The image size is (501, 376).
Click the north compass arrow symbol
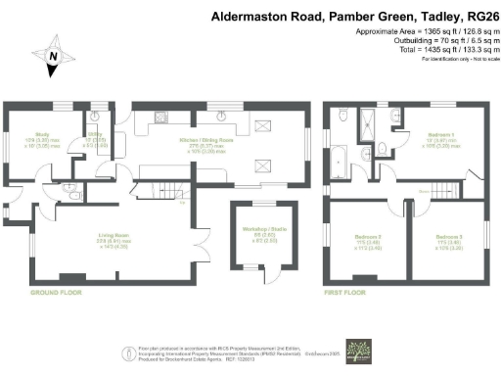click(53, 61)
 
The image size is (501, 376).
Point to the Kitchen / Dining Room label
click(206, 142)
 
